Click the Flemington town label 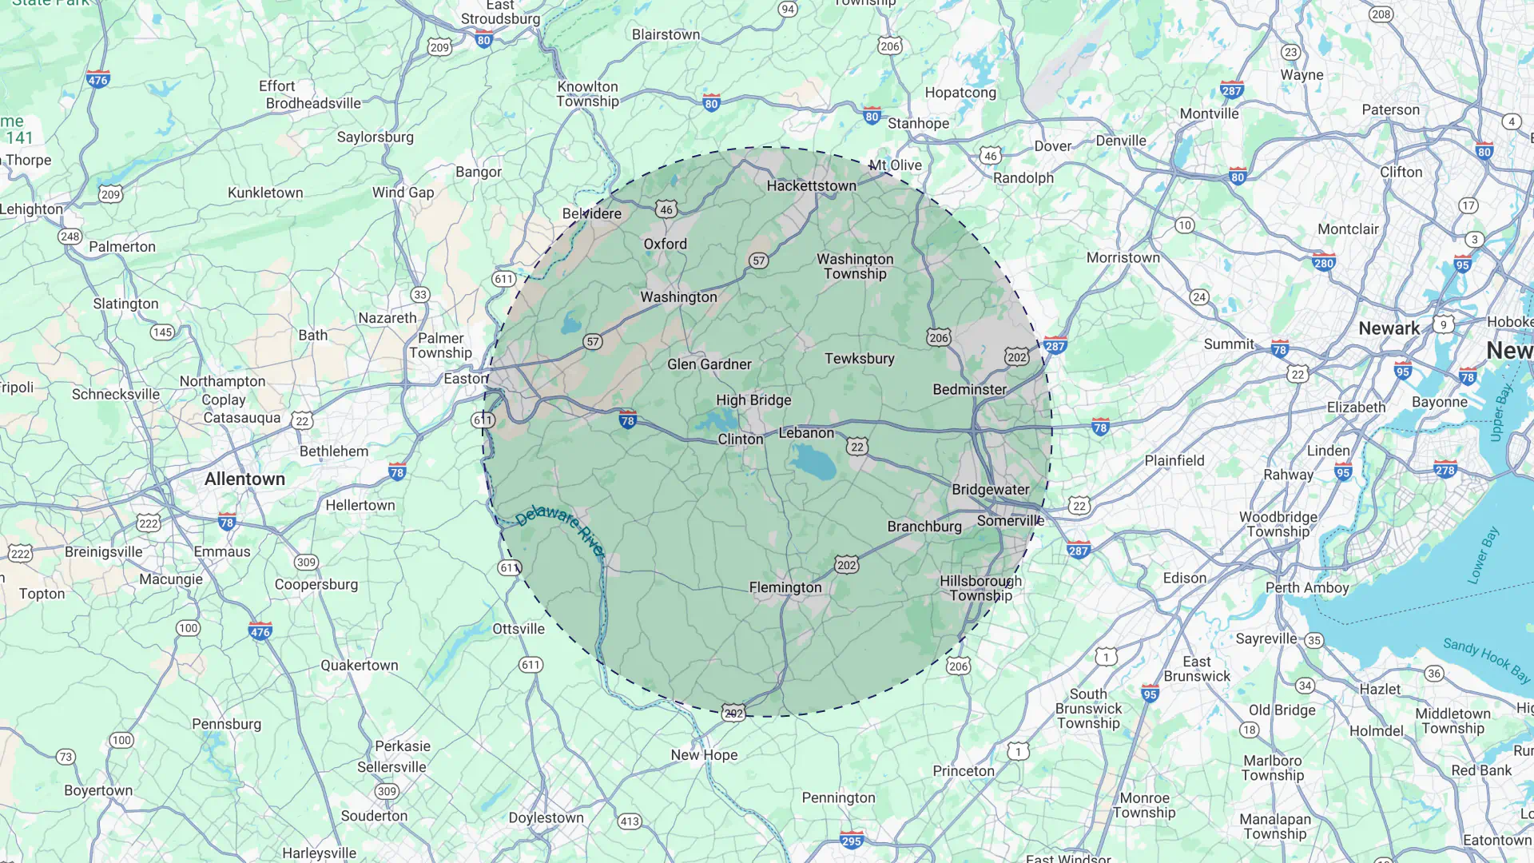click(x=785, y=587)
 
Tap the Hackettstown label click(x=811, y=185)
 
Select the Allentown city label click(x=244, y=479)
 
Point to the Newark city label click(x=1389, y=328)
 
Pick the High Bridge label click(x=753, y=400)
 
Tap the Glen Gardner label click(x=709, y=364)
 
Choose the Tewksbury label click(x=859, y=358)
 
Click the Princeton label click(x=964, y=771)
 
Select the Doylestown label click(x=546, y=817)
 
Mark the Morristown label click(x=1123, y=257)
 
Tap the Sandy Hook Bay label click(x=1486, y=659)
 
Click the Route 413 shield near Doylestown click(x=630, y=821)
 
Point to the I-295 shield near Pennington click(x=851, y=840)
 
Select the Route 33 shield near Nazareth click(x=420, y=294)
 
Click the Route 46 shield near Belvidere click(x=666, y=209)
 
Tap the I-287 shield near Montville click(x=1231, y=89)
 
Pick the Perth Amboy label click(x=1306, y=587)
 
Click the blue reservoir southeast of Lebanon click(x=813, y=461)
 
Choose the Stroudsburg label click(x=500, y=18)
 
